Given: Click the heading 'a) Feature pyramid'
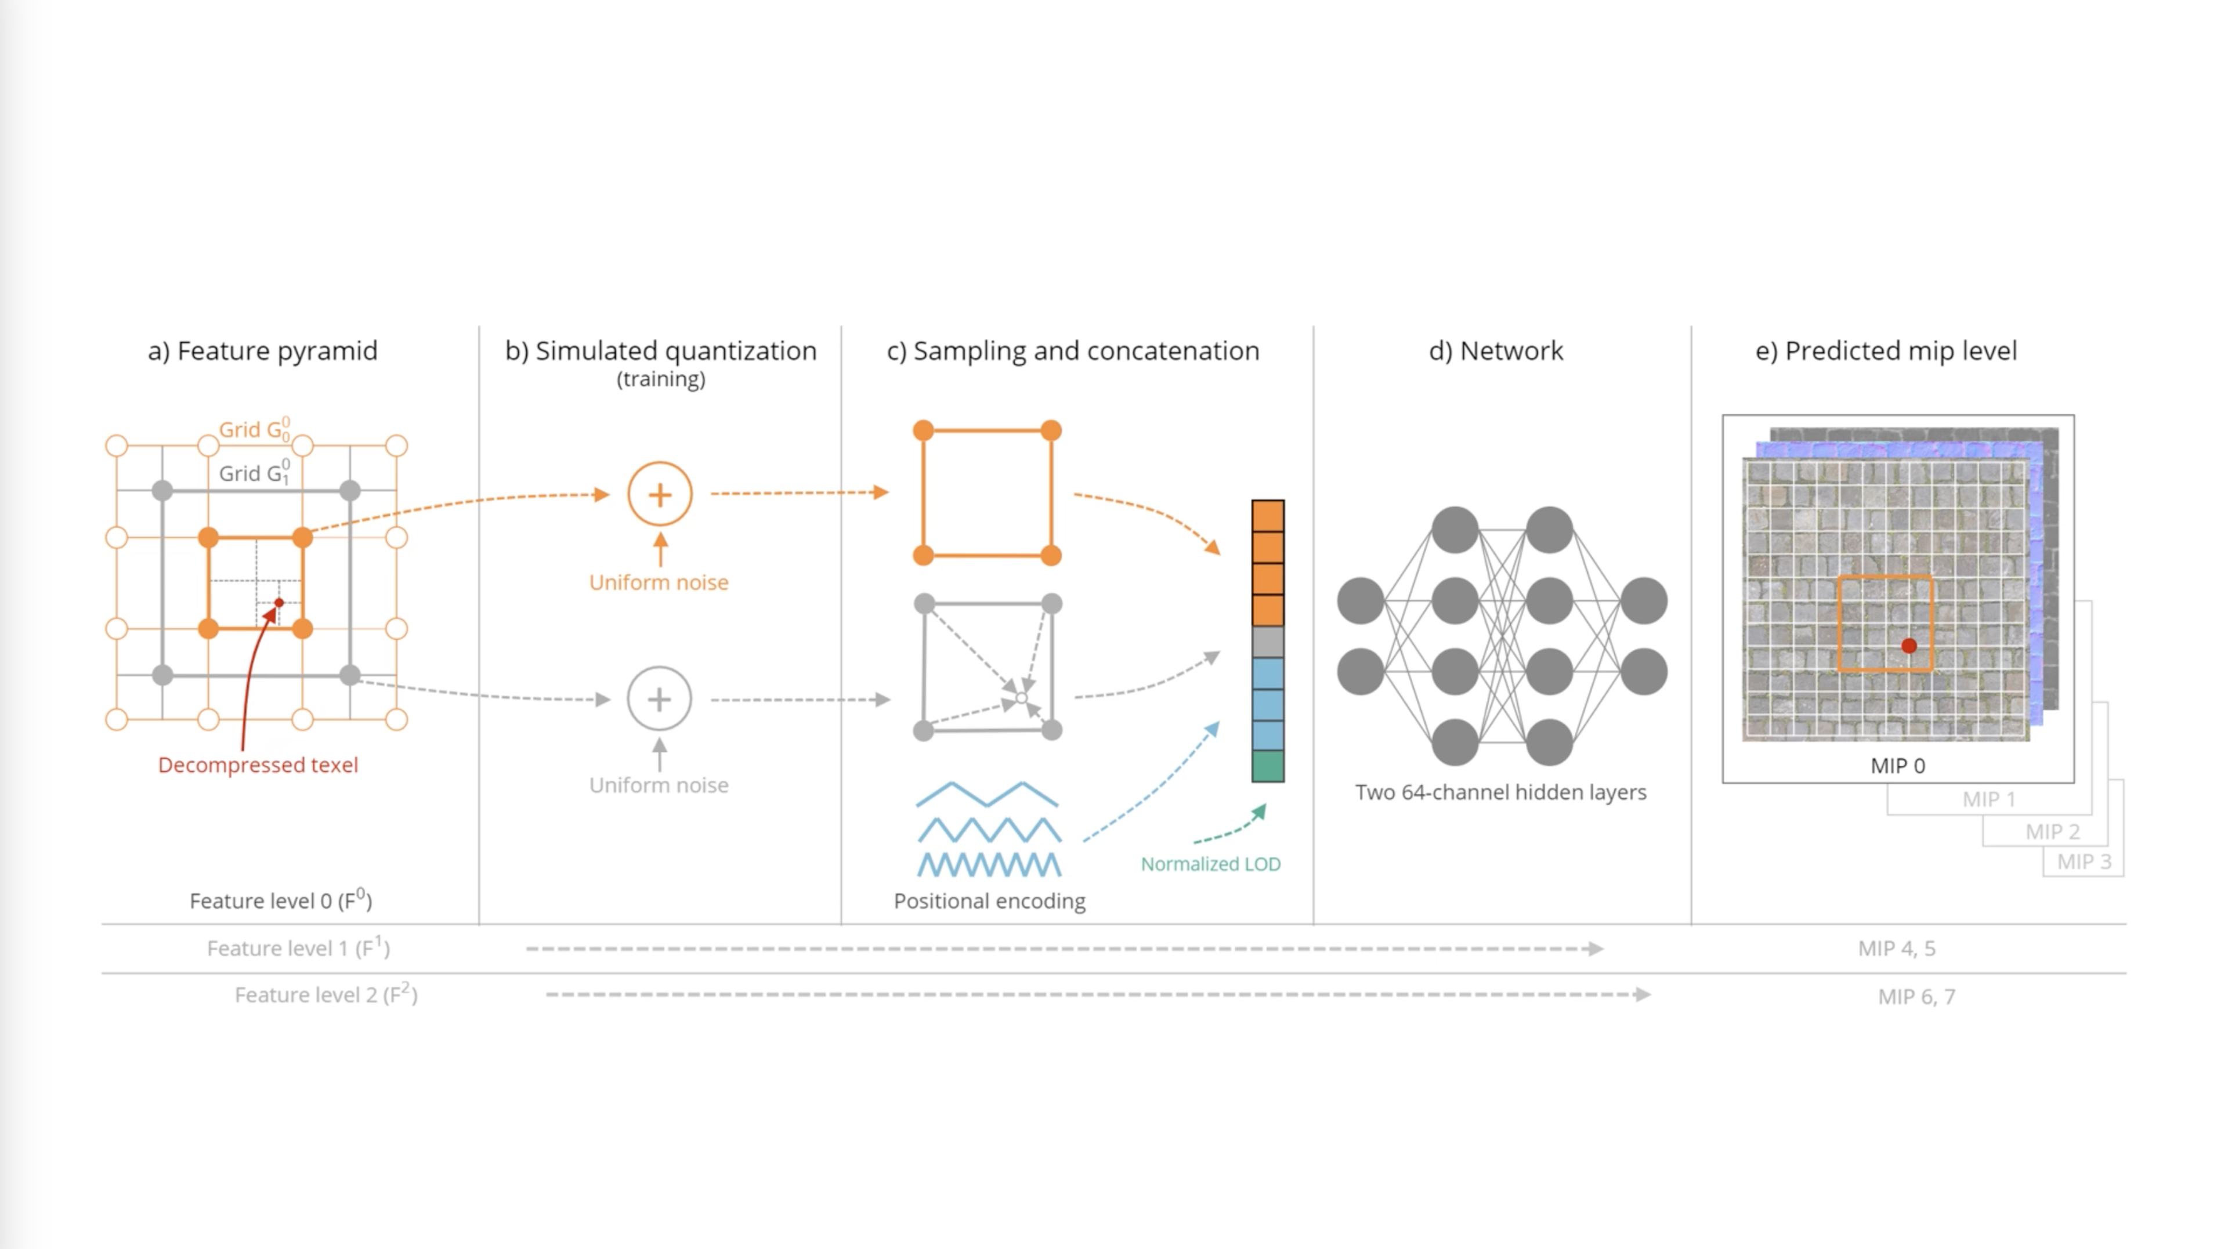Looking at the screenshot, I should point(262,350).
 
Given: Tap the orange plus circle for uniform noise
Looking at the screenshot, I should point(660,495).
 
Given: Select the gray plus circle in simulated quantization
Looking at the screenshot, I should point(659,699).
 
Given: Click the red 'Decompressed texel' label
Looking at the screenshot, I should point(258,765).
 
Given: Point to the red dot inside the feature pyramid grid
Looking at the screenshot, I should point(279,602).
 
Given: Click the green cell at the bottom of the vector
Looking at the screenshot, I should point(1267,766).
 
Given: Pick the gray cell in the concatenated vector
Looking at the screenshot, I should point(1267,642).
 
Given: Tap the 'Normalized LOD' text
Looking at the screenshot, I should point(1210,863).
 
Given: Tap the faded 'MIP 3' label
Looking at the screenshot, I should point(2084,861).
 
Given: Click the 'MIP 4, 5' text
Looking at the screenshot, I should point(1896,948).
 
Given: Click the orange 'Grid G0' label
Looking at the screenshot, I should point(254,429).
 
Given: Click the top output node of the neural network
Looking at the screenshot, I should point(1643,601).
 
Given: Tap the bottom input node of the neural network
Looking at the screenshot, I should point(1361,672).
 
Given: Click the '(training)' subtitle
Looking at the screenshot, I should point(661,379).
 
